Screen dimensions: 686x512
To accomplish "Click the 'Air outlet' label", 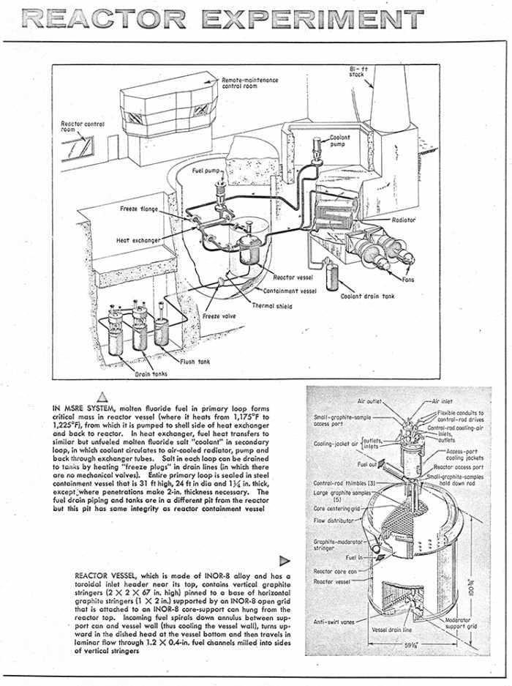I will coord(372,401).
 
